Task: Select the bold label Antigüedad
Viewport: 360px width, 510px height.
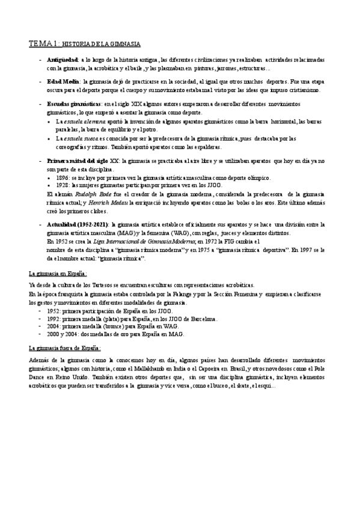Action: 62,60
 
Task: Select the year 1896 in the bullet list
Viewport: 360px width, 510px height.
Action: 62,177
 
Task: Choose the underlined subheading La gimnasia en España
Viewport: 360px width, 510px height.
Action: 58,274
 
